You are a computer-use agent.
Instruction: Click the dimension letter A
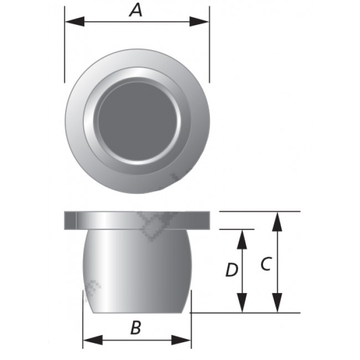tap(137, 9)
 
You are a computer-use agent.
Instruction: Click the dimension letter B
tap(136, 328)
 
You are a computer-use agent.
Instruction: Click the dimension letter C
tap(265, 264)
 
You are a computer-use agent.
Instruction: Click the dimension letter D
tap(232, 270)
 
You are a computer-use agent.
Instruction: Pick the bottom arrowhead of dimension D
tap(242, 304)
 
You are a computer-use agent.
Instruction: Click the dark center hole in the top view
tap(137, 121)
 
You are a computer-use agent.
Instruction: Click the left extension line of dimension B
tap(83, 321)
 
